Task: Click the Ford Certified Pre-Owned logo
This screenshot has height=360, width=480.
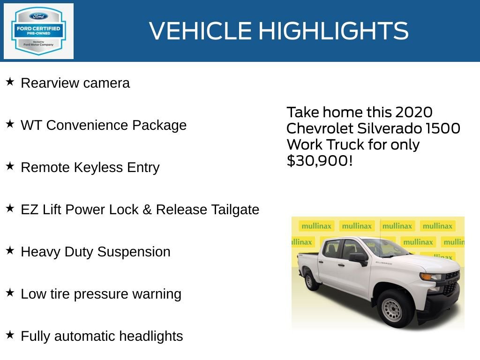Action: tap(38, 31)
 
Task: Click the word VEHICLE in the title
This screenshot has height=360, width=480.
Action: tap(201, 31)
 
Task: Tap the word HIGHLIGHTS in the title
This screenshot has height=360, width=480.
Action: tap(333, 31)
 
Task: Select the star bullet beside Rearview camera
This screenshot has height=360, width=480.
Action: tap(10, 82)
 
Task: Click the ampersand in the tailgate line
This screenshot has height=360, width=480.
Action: tap(147, 210)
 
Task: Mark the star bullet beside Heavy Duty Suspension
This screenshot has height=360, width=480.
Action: tap(10, 251)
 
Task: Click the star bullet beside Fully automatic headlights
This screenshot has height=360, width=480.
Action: tap(10, 335)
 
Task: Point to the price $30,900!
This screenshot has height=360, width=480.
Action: tap(319, 161)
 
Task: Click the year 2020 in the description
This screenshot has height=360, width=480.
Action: tap(413, 112)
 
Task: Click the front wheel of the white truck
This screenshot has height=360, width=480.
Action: tap(391, 309)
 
